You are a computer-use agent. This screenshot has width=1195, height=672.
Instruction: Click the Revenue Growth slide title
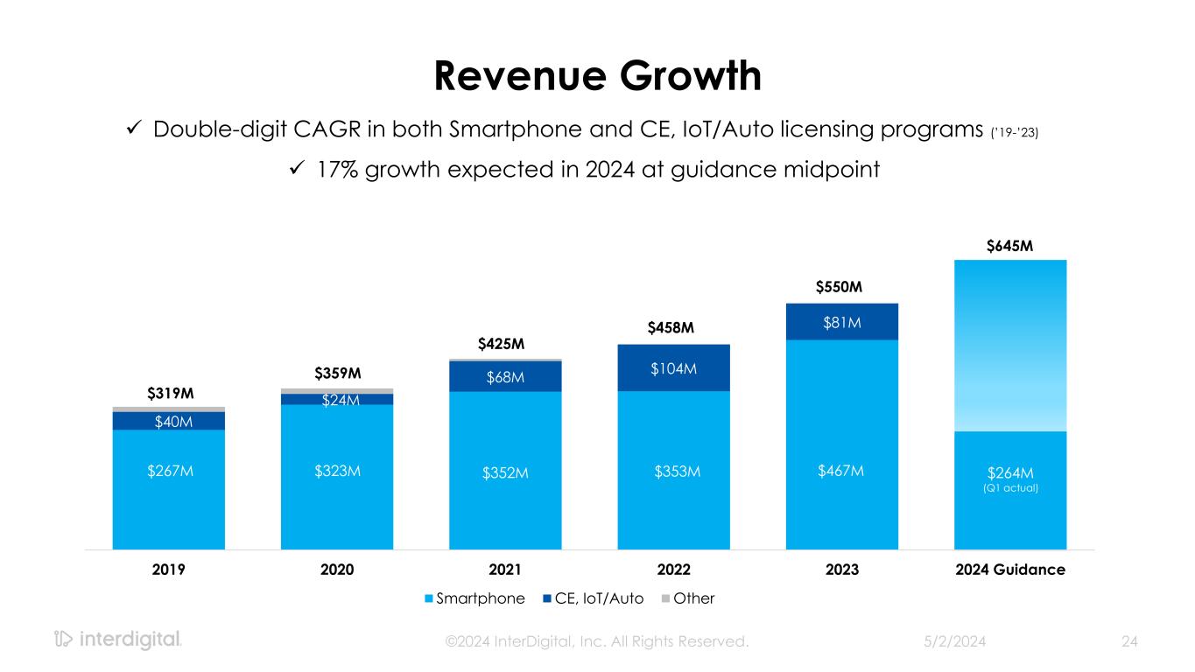(x=598, y=76)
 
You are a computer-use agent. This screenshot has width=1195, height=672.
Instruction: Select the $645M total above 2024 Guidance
(x=1009, y=246)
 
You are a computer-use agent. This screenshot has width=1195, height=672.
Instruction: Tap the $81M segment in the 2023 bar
(x=841, y=323)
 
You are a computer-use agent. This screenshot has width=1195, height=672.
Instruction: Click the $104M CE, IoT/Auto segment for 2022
(x=673, y=368)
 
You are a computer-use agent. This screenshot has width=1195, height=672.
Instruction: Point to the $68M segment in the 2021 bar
(x=505, y=377)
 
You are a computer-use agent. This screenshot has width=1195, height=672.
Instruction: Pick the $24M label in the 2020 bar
(x=337, y=400)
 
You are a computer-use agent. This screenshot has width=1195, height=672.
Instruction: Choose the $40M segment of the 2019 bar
(x=169, y=422)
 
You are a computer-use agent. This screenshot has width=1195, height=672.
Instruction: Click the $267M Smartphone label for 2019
(x=169, y=472)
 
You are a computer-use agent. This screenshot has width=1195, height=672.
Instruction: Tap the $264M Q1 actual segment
(x=1009, y=478)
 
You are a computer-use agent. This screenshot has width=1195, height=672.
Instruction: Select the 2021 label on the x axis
(x=505, y=570)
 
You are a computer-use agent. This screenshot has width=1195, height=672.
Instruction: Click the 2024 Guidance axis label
(x=1009, y=570)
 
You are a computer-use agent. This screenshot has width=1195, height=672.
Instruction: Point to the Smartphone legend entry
(x=474, y=598)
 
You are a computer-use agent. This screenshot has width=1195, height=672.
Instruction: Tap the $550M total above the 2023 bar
(x=841, y=287)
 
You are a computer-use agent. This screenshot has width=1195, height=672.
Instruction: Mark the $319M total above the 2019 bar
(x=169, y=393)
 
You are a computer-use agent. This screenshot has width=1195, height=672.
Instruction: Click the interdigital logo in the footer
(x=118, y=640)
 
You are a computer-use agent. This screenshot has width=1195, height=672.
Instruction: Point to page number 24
(x=1129, y=641)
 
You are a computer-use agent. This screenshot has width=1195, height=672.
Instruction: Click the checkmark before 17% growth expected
(x=296, y=168)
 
